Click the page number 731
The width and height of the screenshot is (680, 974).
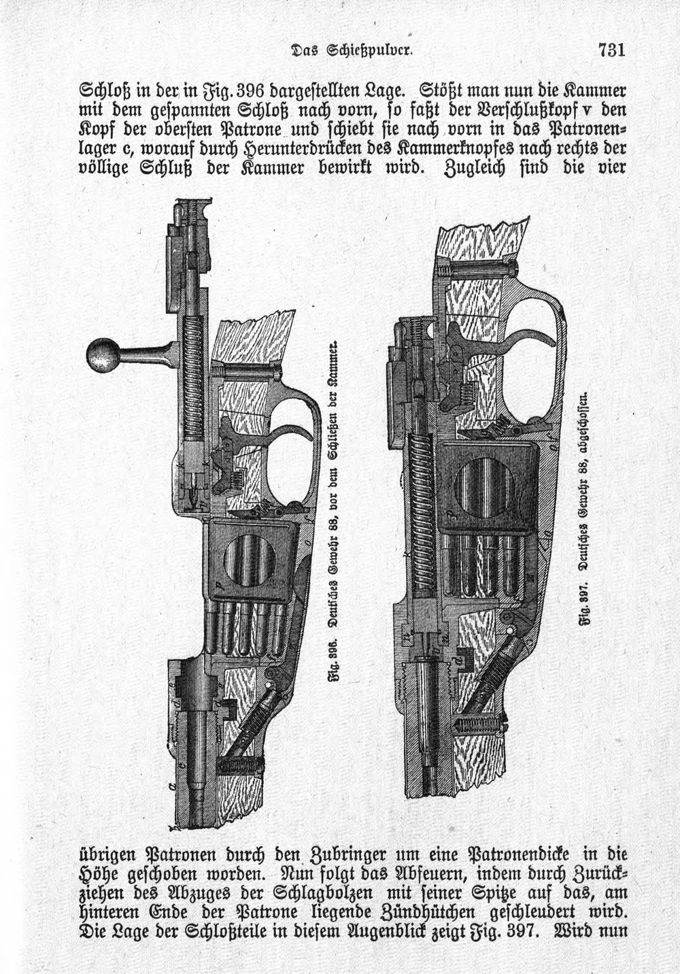coord(611,50)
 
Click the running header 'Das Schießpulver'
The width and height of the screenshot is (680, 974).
coord(351,50)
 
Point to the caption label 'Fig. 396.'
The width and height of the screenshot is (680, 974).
coord(335,656)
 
